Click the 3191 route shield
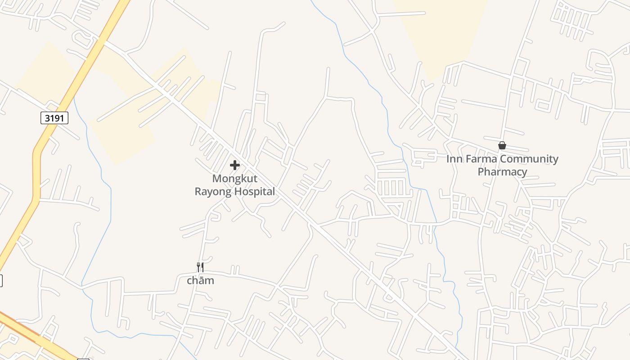pos(54,118)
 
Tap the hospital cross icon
pos(234,165)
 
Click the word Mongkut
pos(234,179)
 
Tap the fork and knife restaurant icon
pos(200,267)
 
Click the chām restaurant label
pos(200,281)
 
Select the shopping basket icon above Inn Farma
pos(502,145)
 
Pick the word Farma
pos(480,159)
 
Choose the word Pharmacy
pos(502,172)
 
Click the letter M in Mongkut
pos(217,179)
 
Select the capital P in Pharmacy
pos(481,172)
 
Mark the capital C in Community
pos(504,159)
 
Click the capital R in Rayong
pos(198,191)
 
